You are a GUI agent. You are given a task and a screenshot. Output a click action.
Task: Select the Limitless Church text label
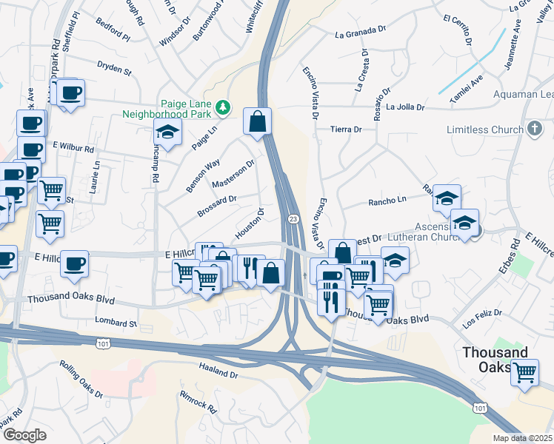point(484,129)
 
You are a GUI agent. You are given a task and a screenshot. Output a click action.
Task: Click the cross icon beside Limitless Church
point(534,129)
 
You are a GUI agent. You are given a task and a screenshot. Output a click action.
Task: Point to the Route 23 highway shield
point(294,218)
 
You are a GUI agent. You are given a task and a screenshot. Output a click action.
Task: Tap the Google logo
point(24,435)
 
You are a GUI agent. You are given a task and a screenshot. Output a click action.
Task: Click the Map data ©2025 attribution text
point(522,438)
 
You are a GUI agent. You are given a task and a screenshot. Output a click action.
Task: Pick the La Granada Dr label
point(361,34)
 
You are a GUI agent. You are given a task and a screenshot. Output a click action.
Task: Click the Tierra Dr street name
point(346,129)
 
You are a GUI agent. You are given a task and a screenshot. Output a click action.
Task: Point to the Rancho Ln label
point(388,201)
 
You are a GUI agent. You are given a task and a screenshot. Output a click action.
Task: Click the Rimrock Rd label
point(198,401)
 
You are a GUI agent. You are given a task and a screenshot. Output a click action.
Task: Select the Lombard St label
point(116,322)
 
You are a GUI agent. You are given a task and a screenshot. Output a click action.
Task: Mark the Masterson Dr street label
point(233,174)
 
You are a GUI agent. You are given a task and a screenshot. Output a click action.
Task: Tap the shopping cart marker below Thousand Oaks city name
point(524,371)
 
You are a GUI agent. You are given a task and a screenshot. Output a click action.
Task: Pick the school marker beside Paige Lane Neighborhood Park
point(167,133)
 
